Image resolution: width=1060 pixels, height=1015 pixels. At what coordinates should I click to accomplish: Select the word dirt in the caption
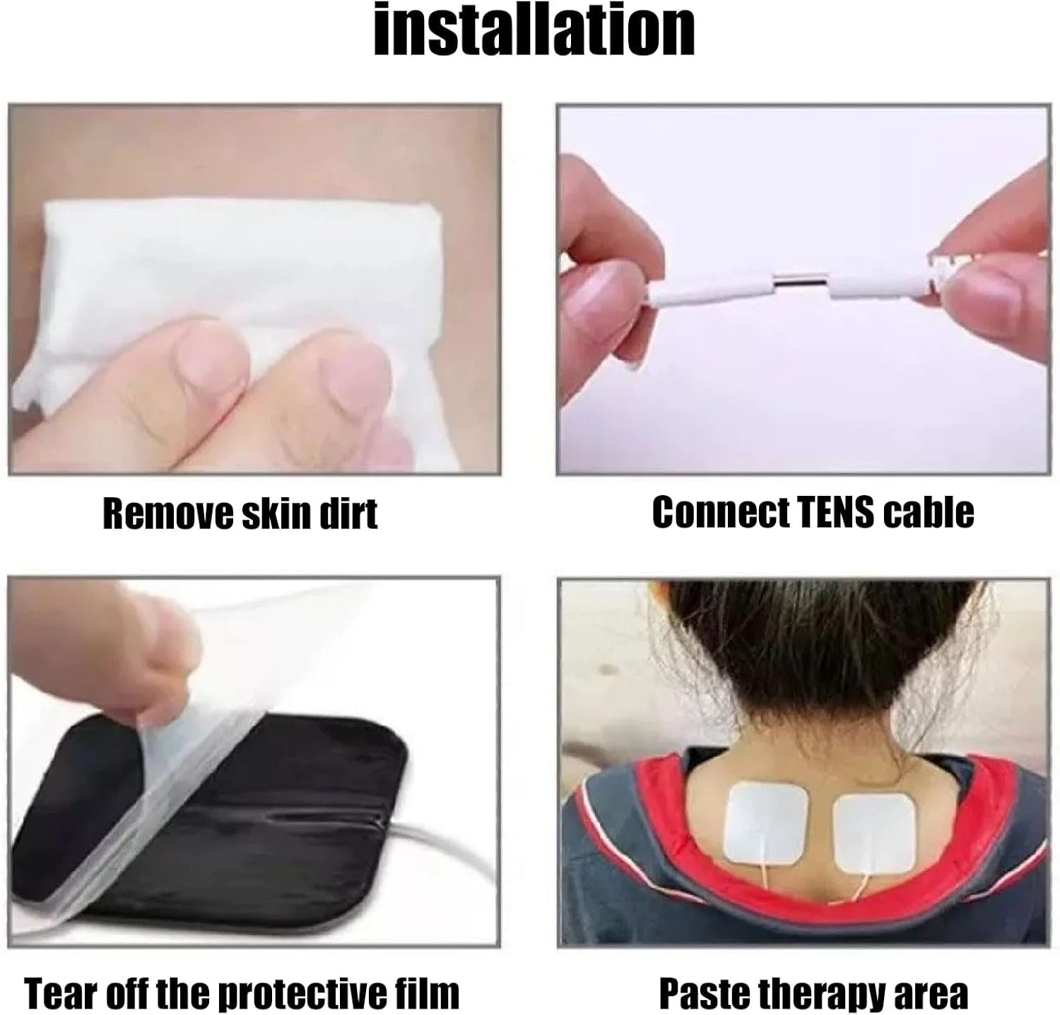[x=349, y=514]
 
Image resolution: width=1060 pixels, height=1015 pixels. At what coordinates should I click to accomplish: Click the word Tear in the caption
[x=59, y=992]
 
